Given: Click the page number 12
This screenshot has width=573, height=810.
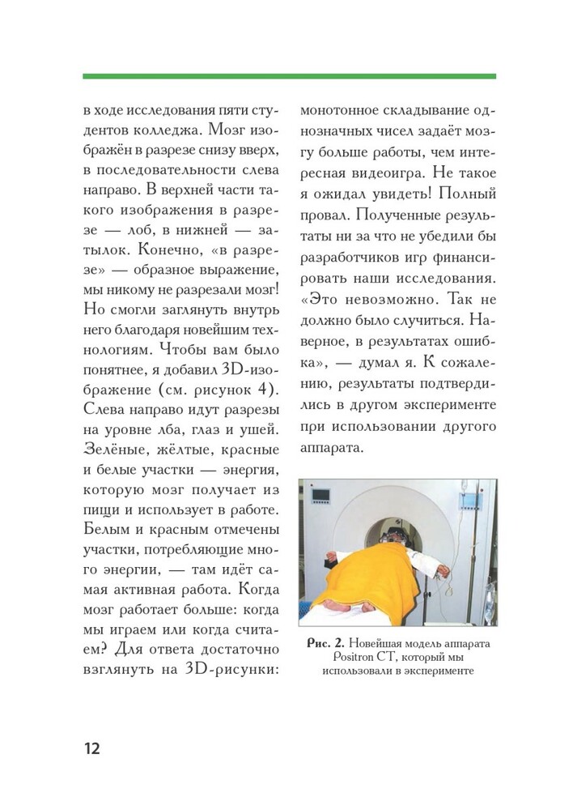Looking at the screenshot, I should (x=91, y=746).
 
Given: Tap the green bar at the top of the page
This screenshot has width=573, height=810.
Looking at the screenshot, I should (x=289, y=76).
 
